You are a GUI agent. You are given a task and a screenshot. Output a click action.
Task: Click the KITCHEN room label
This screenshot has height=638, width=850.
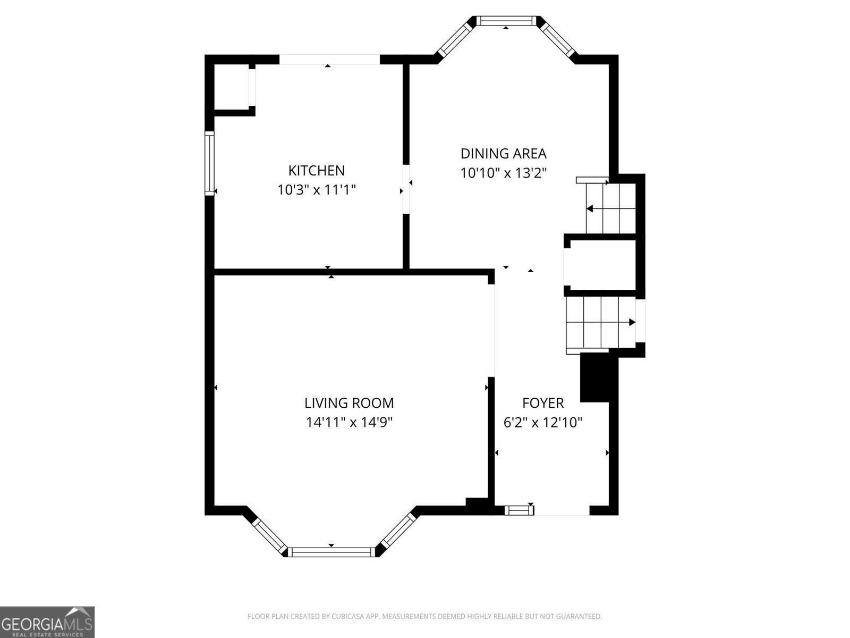[316, 171]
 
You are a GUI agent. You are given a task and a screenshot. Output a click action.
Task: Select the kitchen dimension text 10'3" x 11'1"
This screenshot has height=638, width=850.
[316, 190]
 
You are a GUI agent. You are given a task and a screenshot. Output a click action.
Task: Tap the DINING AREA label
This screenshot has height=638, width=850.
[503, 154]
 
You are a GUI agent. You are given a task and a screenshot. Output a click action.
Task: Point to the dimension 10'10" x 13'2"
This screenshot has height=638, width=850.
[503, 173]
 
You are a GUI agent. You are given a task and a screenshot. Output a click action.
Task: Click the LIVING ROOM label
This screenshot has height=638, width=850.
[349, 403]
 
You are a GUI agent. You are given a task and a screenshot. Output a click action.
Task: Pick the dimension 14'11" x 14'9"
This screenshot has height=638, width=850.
[349, 422]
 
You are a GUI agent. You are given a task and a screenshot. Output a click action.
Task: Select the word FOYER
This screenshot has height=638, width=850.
[542, 403]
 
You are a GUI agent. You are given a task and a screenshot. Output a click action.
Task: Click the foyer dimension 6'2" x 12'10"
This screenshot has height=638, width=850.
[542, 423]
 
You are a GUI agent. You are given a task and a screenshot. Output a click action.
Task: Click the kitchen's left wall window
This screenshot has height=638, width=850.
[209, 163]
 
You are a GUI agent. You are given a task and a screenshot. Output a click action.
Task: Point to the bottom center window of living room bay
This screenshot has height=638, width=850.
[331, 552]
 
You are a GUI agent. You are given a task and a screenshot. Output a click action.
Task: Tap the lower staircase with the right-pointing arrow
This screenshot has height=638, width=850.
[600, 323]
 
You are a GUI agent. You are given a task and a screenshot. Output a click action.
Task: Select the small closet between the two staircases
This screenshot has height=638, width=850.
[602, 265]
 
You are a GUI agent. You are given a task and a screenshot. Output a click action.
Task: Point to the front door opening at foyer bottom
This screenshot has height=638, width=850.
[562, 511]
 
